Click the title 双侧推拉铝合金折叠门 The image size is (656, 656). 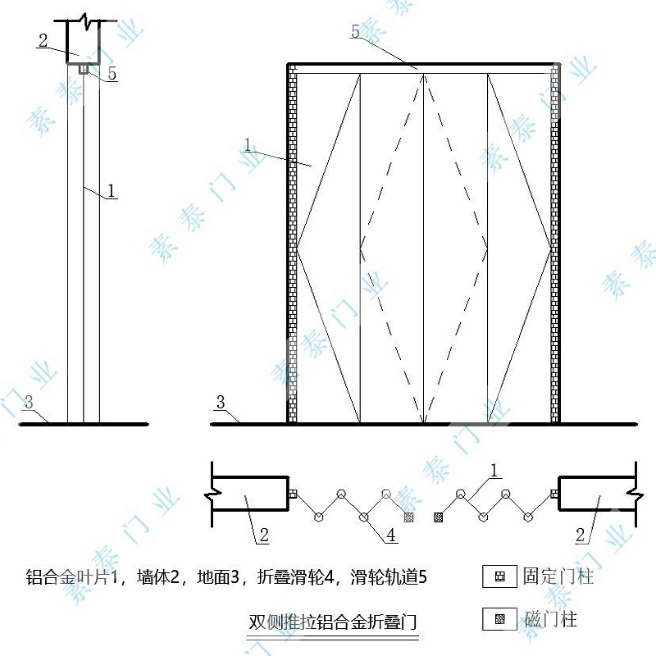pyautogui.click(x=333, y=622)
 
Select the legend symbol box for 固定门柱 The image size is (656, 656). pyautogui.click(x=499, y=576)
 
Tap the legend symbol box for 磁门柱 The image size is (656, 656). pyautogui.click(x=499, y=619)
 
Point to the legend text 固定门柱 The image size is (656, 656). pyautogui.click(x=558, y=576)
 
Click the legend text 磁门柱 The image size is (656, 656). pyautogui.click(x=550, y=619)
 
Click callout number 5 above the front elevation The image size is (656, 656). pyautogui.click(x=355, y=31)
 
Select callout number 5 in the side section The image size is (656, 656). pyautogui.click(x=112, y=73)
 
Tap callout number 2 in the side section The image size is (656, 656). pyautogui.click(x=43, y=40)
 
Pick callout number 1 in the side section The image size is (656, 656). pyautogui.click(x=111, y=191)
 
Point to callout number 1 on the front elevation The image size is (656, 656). pyautogui.click(x=248, y=145)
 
